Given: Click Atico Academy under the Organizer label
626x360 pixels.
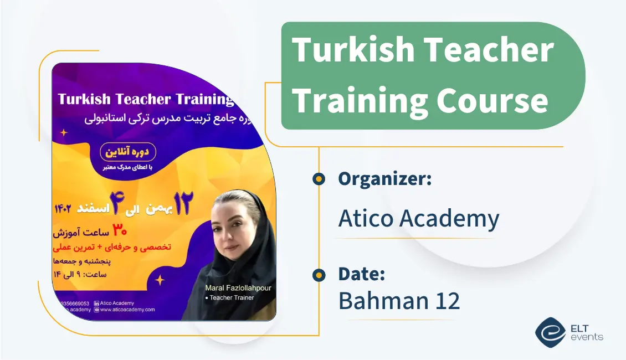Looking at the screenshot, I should coord(418,219).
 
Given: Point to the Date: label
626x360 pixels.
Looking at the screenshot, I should coord(362,274).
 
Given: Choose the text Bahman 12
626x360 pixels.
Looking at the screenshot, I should coord(399,301).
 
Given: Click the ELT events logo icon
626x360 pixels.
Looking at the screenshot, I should coord(550,332).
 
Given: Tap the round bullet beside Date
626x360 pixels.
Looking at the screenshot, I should coord(319,275).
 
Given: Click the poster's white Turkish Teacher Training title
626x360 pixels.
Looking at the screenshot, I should coord(146,99).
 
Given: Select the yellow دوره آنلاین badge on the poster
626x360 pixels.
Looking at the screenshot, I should coord(127,152).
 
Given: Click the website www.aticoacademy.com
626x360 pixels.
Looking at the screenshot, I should coord(127,310).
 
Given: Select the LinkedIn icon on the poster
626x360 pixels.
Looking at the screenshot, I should coord(97,303).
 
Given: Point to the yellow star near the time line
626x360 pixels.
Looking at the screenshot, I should coord(160,280).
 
